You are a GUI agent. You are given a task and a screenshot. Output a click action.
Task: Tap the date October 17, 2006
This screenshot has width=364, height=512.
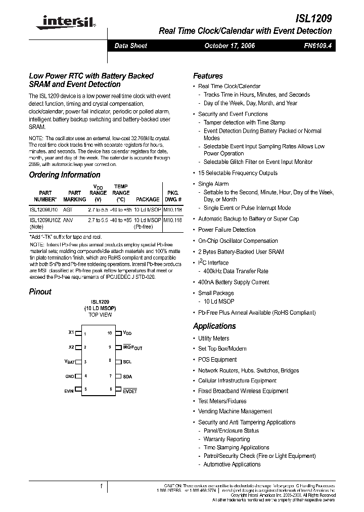[229, 46]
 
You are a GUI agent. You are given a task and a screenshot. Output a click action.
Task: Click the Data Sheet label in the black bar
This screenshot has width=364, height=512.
[130, 46]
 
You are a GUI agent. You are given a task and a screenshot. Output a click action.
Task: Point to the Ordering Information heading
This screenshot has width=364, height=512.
[65, 175]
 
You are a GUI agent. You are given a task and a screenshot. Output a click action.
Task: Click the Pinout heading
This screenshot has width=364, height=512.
[40, 292]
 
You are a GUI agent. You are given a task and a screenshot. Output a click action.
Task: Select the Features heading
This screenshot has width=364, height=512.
[208, 76]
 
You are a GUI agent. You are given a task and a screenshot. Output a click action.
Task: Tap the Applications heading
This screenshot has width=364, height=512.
[214, 326]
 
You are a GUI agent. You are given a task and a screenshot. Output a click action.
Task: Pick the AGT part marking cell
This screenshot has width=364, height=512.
[68, 208]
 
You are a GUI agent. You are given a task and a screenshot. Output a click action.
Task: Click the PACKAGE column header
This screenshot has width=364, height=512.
[147, 199]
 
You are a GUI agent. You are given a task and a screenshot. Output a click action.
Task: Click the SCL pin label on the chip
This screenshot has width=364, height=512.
[127, 362]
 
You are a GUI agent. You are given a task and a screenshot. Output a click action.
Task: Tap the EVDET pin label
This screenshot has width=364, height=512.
[130, 391]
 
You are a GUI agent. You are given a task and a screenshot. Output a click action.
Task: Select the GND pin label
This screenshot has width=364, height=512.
[70, 376]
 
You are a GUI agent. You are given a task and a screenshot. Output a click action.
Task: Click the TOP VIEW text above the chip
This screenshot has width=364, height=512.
[100, 315]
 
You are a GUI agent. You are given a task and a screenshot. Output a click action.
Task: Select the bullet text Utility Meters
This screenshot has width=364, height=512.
[213, 338]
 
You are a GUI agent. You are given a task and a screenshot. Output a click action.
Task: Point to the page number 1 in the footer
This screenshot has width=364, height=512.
[102, 487]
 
